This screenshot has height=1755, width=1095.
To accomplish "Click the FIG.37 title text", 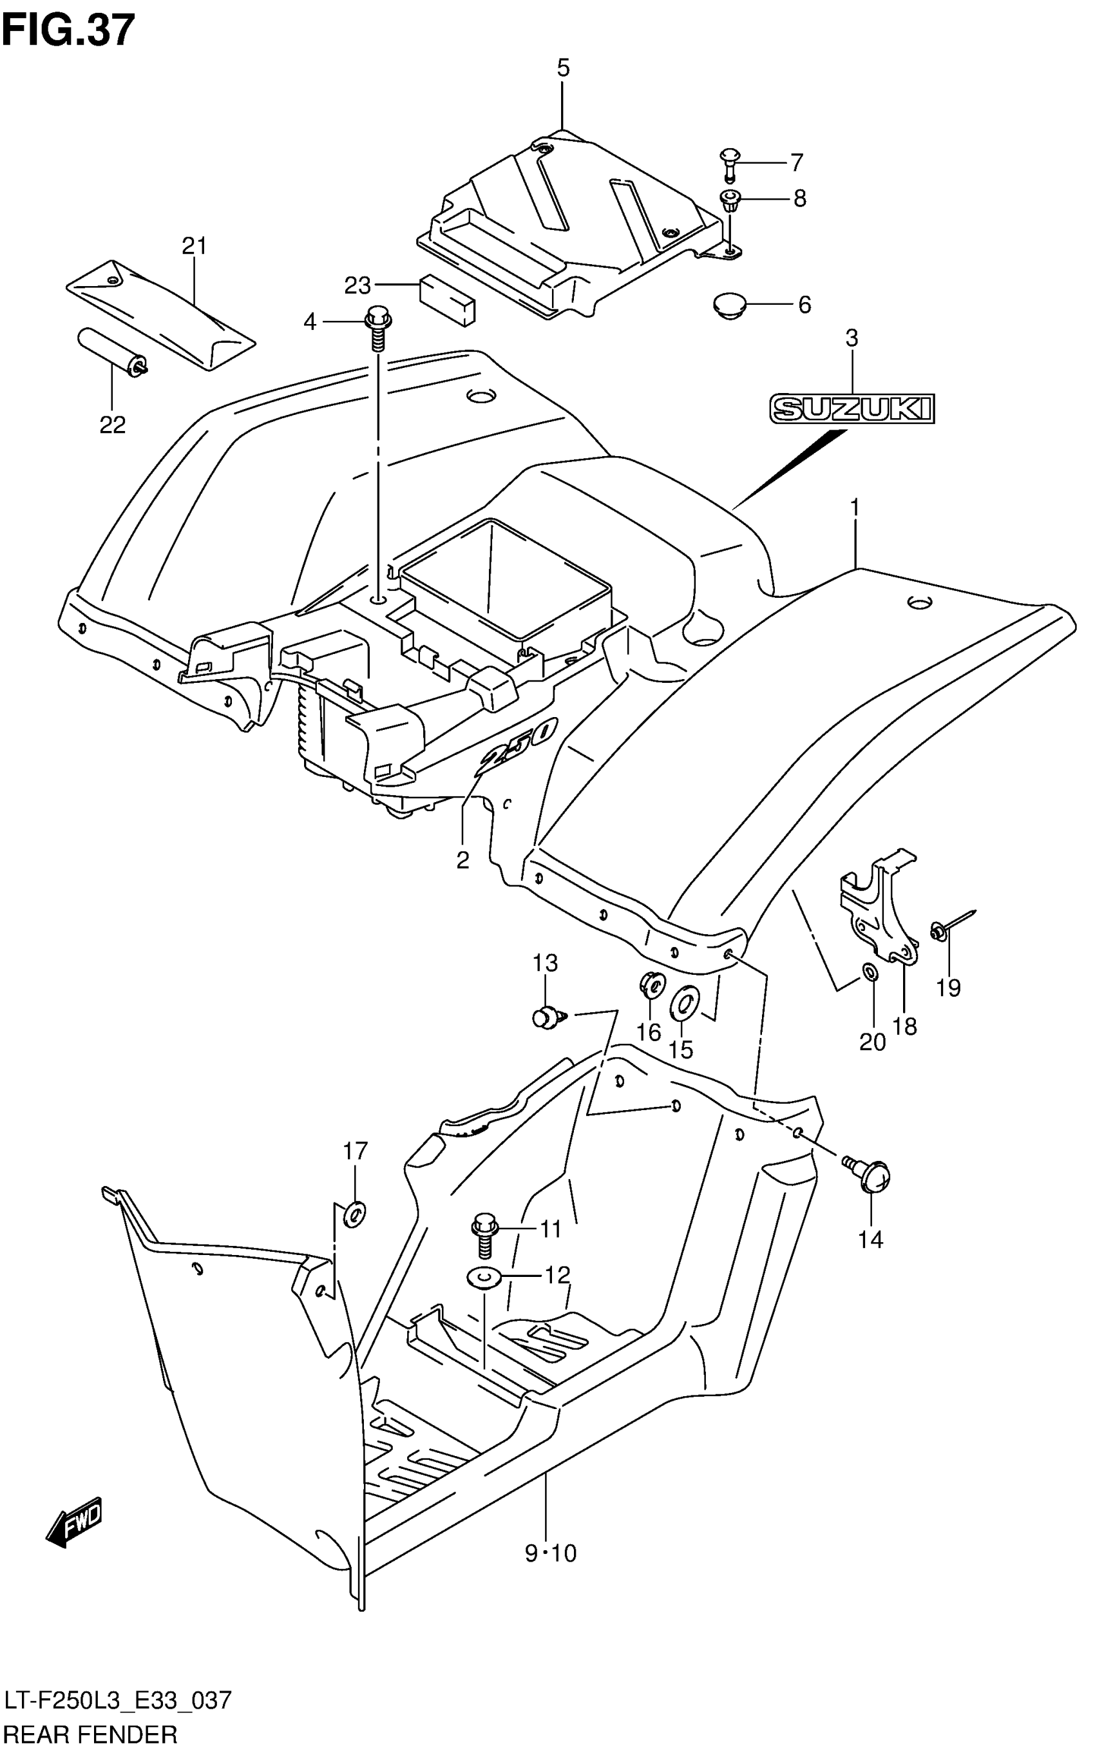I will tap(68, 30).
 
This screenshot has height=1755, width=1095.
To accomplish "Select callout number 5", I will tap(563, 68).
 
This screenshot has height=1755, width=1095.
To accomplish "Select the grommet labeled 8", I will tap(730, 199).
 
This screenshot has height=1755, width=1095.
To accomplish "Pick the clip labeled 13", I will tap(547, 1017).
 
